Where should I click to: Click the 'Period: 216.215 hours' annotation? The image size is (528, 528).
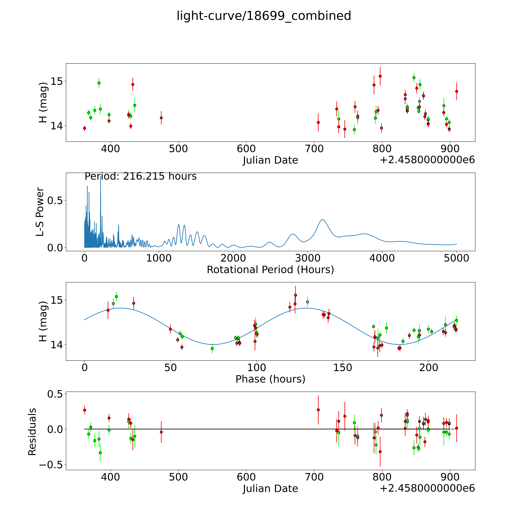pyautogui.click(x=141, y=176)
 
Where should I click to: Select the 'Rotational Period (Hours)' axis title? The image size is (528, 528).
pyautogui.click(x=270, y=270)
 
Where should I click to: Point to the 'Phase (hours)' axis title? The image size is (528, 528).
pyautogui.click(x=270, y=379)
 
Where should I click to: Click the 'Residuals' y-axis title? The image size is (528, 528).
pyautogui.click(x=32, y=432)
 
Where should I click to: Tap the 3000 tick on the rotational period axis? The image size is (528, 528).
pyautogui.click(x=307, y=258)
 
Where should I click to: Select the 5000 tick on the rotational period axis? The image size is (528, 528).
pyautogui.click(x=456, y=258)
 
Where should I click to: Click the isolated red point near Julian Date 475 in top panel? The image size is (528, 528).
pyautogui.click(x=161, y=118)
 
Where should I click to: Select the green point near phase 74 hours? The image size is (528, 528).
pyautogui.click(x=212, y=348)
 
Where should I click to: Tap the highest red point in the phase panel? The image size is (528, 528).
pyautogui.click(x=295, y=295)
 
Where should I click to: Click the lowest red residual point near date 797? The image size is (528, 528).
pyautogui.click(x=380, y=452)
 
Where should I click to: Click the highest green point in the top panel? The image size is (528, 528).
pyautogui.click(x=414, y=78)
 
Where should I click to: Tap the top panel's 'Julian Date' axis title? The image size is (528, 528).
pyautogui.click(x=270, y=160)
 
